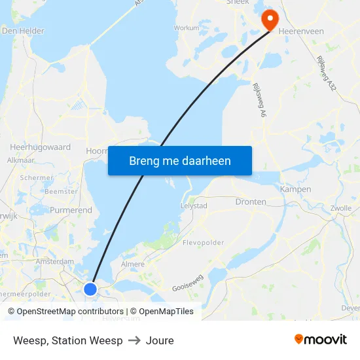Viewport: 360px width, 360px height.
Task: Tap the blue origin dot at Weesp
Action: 90,289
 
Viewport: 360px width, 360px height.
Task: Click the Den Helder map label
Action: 23,31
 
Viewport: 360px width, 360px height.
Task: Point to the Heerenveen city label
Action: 301,31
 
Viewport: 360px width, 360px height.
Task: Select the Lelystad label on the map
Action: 194,206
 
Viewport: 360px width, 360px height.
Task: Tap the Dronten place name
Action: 251,202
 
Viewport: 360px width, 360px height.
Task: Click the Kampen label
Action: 295,189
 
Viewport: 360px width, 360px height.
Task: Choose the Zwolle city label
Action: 341,208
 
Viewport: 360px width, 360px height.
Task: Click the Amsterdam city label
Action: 55,261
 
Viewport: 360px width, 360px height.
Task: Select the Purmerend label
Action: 71,211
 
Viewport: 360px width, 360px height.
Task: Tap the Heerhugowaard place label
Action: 41,147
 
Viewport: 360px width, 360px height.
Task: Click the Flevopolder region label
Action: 203,242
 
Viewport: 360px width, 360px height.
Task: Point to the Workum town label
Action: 187,28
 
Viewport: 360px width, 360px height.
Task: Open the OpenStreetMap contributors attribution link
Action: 65,312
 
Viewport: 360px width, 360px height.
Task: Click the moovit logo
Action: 321,339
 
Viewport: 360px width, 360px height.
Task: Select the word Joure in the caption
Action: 160,340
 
